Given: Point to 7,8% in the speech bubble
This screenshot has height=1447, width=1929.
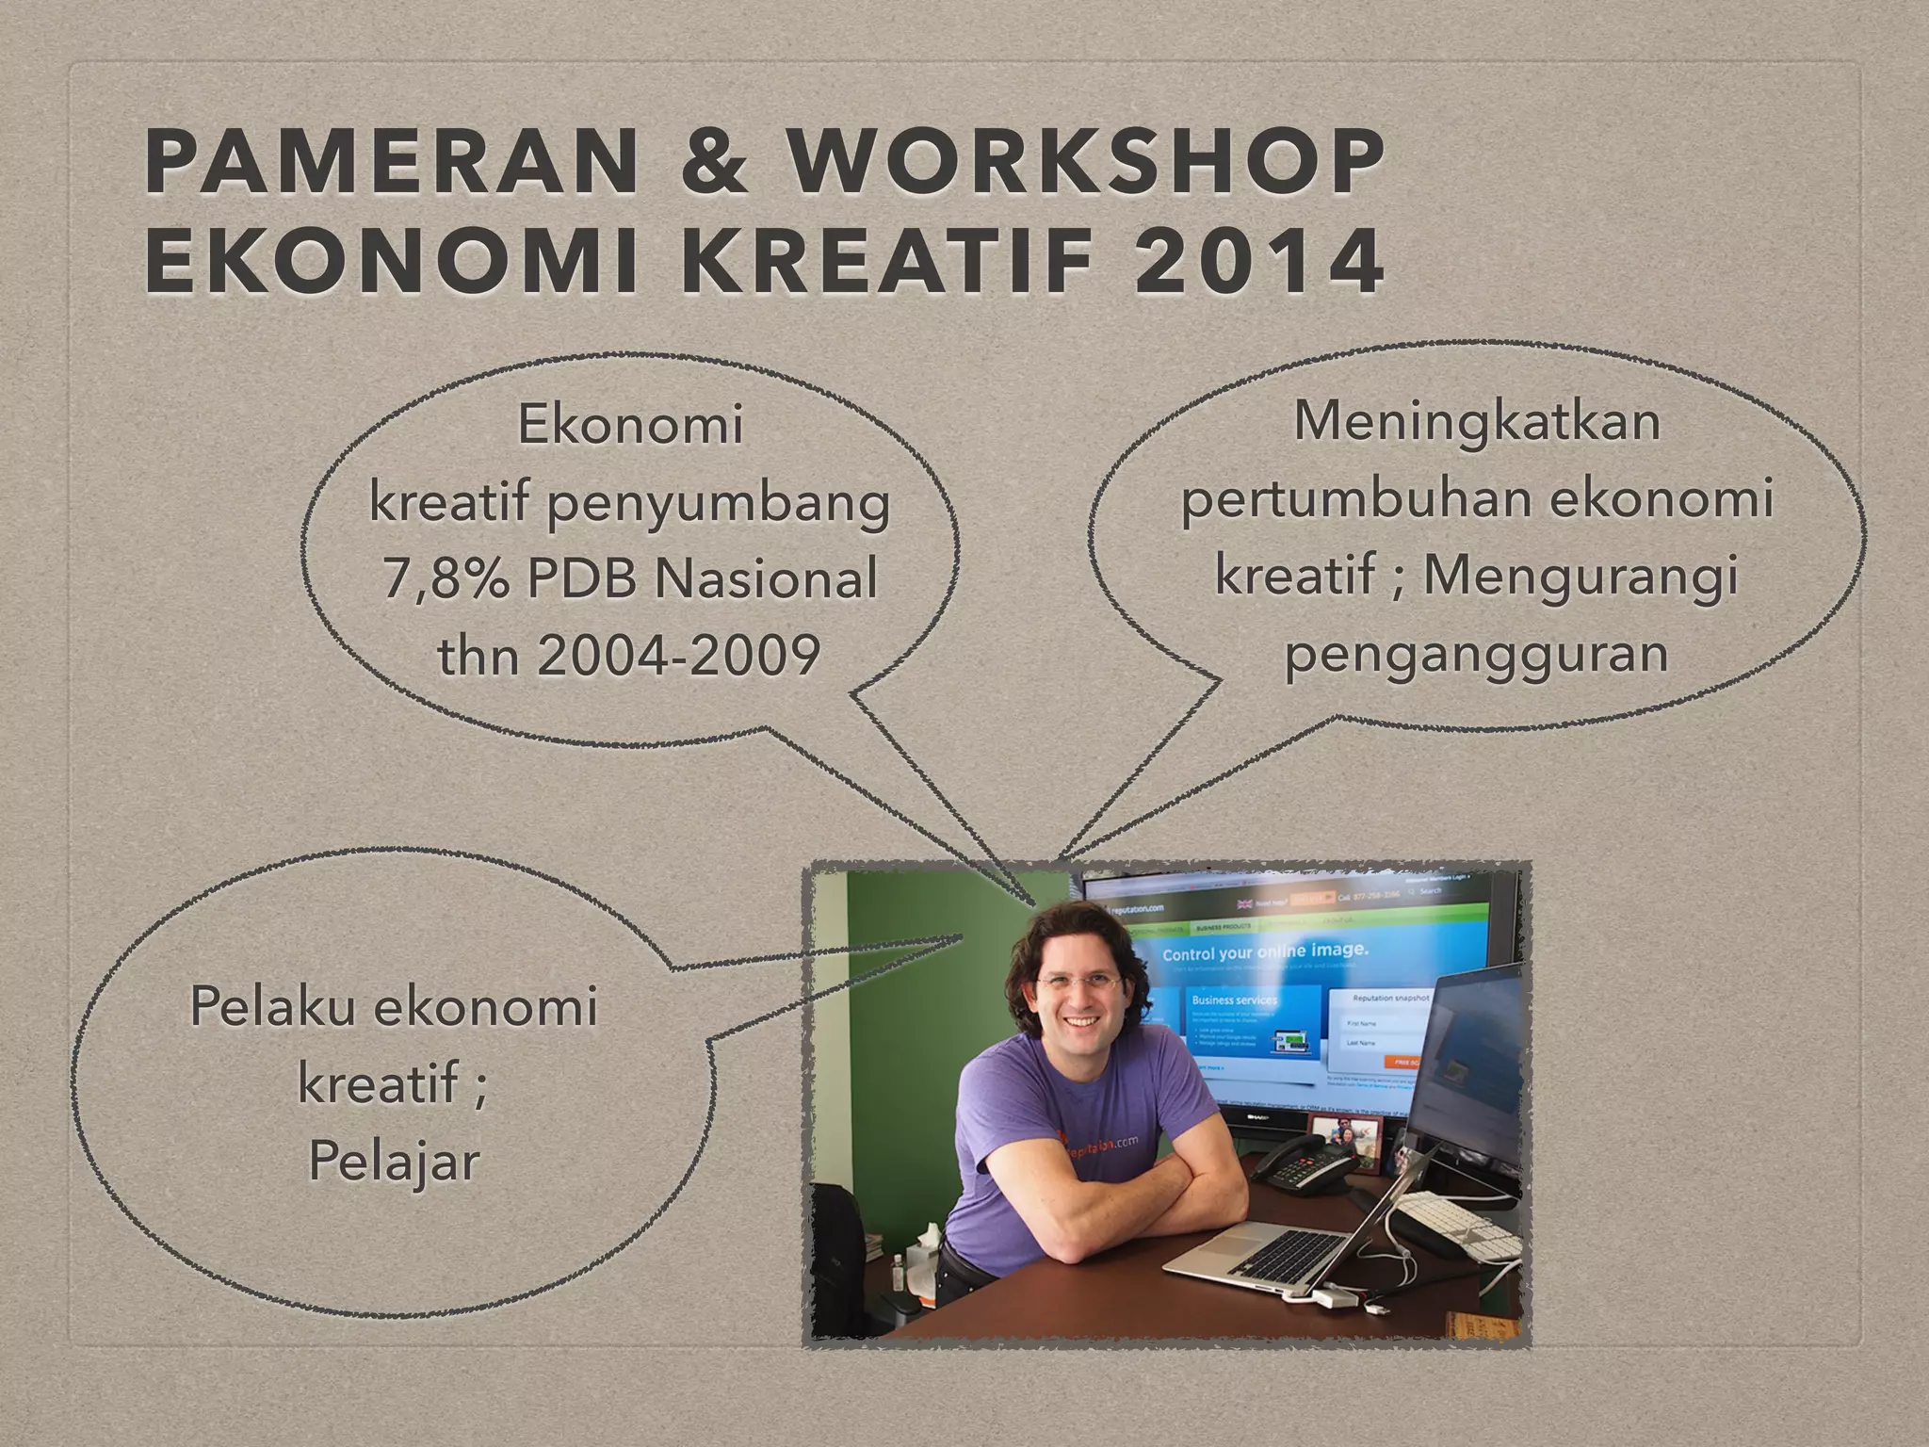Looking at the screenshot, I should point(446,578).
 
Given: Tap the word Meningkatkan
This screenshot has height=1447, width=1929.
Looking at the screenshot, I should point(1476,421).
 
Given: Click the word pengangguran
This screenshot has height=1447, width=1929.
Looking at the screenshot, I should point(1476,653).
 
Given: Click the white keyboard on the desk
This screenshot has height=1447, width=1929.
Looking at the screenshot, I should point(1469,1226).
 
